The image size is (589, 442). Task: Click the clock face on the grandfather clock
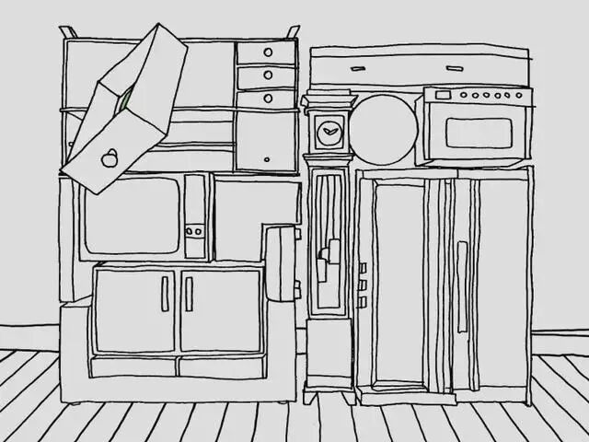click(329, 134)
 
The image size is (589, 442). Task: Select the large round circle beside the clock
click(382, 130)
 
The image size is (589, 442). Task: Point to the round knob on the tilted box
click(109, 158)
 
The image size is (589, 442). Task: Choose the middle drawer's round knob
click(268, 76)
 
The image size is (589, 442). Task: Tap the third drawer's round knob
click(268, 98)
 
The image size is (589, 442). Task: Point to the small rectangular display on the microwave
click(444, 95)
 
